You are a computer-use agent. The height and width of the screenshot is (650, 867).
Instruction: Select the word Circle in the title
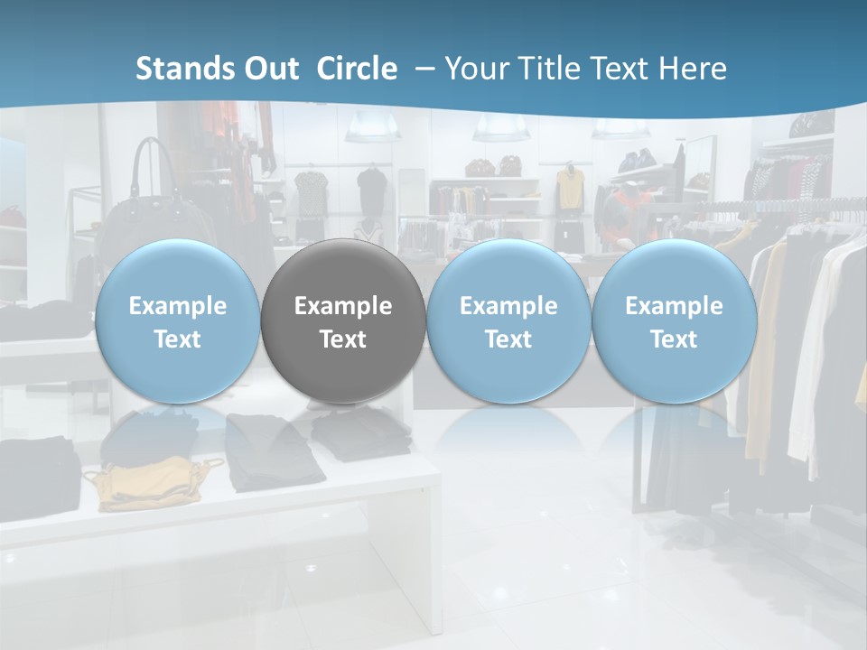(x=357, y=69)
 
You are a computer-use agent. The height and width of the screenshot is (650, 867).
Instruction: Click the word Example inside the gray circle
(x=343, y=306)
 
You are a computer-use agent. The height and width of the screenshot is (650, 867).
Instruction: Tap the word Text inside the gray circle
(x=343, y=339)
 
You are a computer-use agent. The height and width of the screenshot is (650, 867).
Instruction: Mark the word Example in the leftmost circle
(x=177, y=306)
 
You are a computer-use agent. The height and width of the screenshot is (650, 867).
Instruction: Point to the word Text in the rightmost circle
(x=674, y=339)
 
